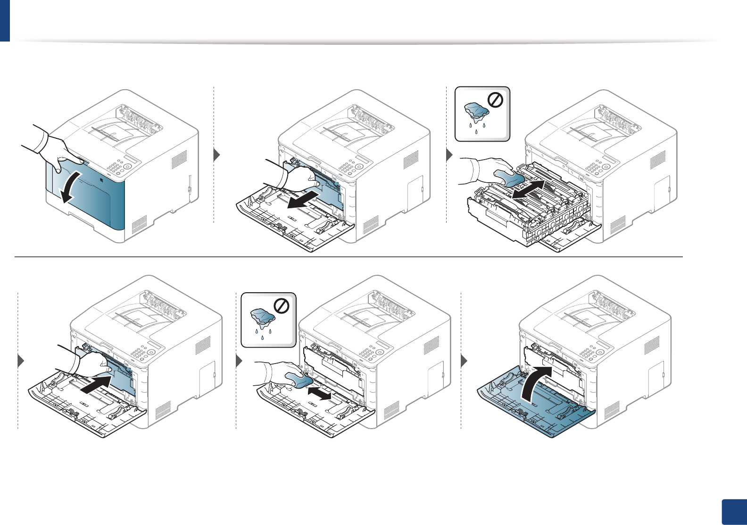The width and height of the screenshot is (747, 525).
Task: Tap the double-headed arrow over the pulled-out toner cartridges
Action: point(529,189)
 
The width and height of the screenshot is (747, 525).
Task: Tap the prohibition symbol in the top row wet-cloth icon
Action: point(497,100)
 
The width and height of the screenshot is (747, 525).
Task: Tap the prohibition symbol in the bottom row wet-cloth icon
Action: point(282,306)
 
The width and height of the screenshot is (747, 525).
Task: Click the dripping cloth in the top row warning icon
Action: point(477,114)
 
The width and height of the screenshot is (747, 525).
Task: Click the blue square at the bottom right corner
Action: point(734,512)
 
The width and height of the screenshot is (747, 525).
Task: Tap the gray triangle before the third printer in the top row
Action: point(449,155)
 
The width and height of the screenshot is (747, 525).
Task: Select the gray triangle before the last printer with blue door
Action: point(464,361)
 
